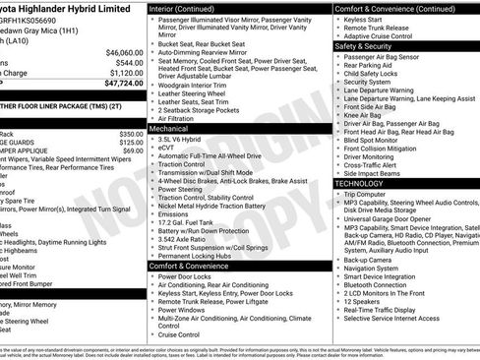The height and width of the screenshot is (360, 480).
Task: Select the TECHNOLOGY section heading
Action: point(359,183)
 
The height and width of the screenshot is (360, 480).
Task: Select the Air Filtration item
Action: point(178,119)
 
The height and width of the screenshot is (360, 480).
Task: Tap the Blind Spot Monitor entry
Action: point(379,141)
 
